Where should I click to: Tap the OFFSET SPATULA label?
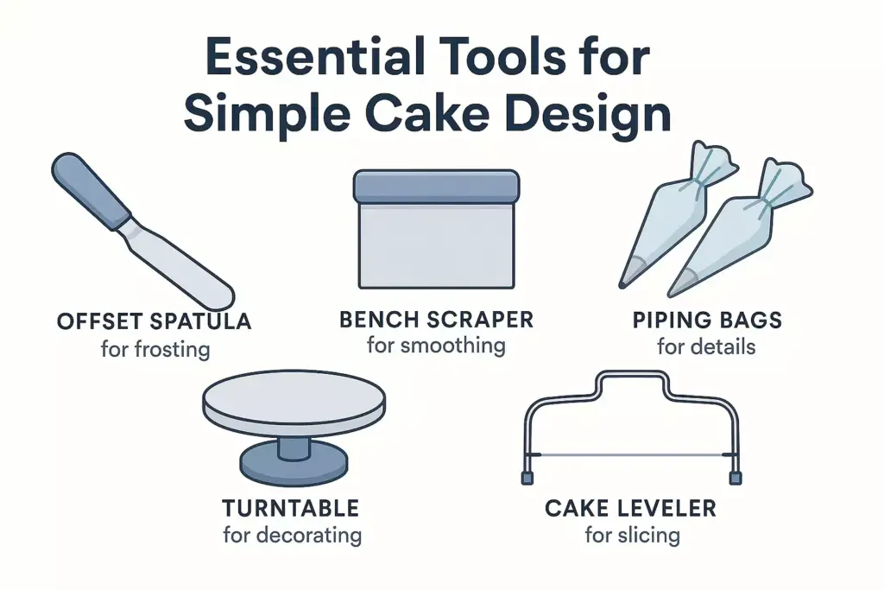(x=154, y=322)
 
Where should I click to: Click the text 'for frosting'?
(x=155, y=350)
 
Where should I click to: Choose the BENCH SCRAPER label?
(x=436, y=320)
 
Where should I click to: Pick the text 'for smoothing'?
(x=436, y=346)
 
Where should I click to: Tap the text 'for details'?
(x=706, y=347)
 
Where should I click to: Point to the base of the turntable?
(x=293, y=466)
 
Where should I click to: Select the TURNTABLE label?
(x=291, y=507)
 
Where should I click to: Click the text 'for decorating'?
(x=292, y=535)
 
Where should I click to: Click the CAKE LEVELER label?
(x=630, y=507)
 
